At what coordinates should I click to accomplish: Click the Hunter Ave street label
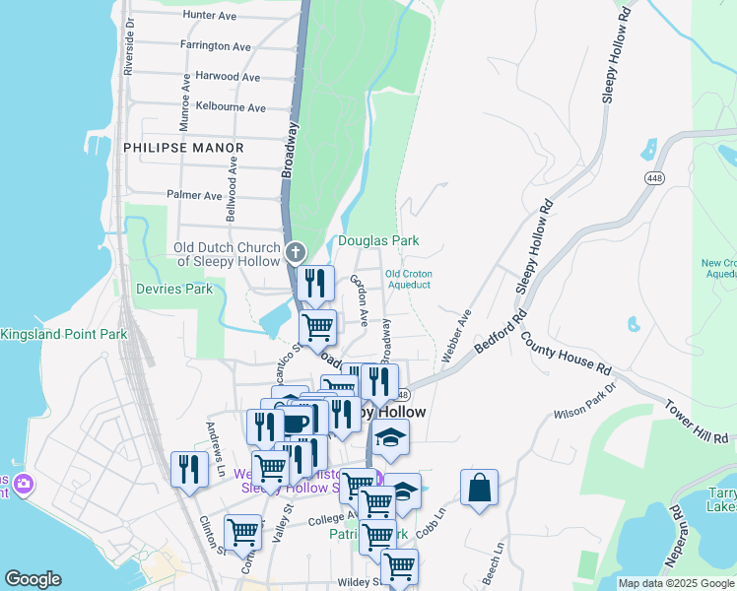(x=210, y=16)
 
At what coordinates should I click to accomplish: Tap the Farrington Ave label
(x=216, y=46)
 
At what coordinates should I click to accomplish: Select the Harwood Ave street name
(x=228, y=76)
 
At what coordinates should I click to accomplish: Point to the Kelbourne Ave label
(x=231, y=107)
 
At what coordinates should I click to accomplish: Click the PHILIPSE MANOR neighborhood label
(x=183, y=148)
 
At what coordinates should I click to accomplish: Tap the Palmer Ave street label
(x=194, y=195)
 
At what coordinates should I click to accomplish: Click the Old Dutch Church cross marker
(x=295, y=253)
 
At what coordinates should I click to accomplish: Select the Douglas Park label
(x=378, y=240)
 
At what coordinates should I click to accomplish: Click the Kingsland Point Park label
(x=63, y=335)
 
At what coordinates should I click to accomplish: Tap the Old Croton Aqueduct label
(x=408, y=279)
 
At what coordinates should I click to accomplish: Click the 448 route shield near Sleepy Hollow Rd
(x=653, y=177)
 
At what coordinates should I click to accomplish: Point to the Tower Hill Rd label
(x=696, y=421)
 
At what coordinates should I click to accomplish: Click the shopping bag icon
(x=479, y=488)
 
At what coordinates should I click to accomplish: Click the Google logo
(x=33, y=579)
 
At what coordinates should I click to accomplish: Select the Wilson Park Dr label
(x=584, y=402)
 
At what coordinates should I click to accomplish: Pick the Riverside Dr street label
(x=128, y=46)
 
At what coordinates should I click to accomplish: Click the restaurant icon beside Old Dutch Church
(x=315, y=284)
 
